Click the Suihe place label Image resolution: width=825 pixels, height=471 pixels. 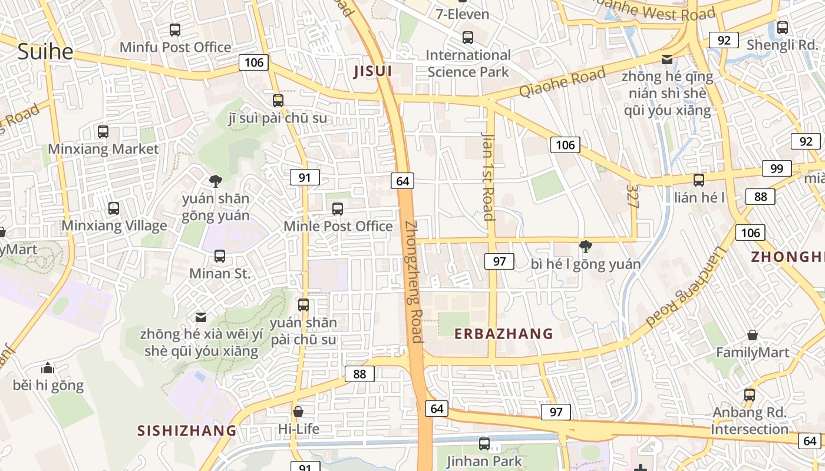click(x=45, y=51)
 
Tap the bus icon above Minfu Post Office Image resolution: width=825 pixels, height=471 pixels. click(x=174, y=29)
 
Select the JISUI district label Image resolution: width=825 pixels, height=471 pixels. click(x=372, y=72)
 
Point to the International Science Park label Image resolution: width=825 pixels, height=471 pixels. click(x=468, y=64)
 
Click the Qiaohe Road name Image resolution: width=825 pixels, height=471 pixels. click(x=562, y=82)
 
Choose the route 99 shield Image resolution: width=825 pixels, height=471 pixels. click(x=776, y=168)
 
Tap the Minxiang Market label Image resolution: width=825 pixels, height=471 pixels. click(x=103, y=149)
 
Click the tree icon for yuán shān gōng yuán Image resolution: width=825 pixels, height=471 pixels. click(x=216, y=181)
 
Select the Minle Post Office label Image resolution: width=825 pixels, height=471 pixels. click(x=338, y=226)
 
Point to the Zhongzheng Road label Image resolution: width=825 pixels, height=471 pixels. click(x=414, y=281)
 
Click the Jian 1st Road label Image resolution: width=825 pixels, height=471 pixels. click(x=489, y=175)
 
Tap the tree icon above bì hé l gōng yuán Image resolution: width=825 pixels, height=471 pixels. click(x=585, y=246)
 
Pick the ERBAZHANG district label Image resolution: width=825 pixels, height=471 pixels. click(x=503, y=334)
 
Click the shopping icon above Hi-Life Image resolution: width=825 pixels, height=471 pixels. click(x=298, y=411)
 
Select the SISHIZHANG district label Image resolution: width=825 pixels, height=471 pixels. click(x=187, y=430)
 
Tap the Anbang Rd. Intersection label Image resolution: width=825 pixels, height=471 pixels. click(x=750, y=420)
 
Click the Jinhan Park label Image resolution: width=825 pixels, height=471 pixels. click(x=484, y=460)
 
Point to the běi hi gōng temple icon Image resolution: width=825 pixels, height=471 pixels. click(x=48, y=369)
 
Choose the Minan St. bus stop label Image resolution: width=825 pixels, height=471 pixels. click(x=220, y=273)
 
